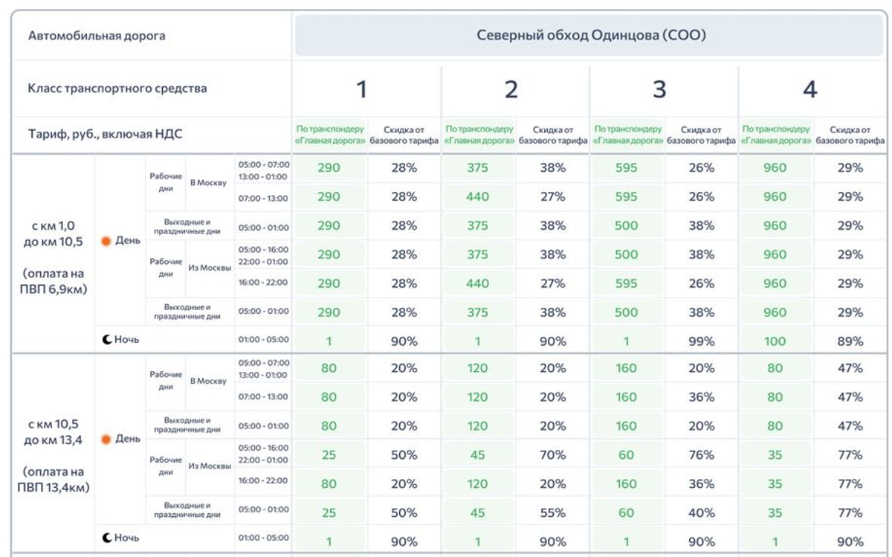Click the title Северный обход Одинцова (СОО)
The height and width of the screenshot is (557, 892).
point(590,35)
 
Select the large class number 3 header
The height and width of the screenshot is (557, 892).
point(659,89)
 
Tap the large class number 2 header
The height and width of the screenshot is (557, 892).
point(511,89)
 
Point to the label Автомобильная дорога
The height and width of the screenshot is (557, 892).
point(97,36)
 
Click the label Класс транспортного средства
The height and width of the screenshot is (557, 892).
point(117,88)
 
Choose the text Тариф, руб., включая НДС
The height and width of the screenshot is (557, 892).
point(105,135)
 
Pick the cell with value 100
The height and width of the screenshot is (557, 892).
point(775,341)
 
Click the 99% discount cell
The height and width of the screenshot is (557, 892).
point(701,341)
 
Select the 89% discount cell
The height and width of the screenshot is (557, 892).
point(850,341)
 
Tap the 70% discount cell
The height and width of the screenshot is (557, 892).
point(552,455)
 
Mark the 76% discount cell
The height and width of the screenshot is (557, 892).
point(701,455)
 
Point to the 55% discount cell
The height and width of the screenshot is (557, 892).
point(552,513)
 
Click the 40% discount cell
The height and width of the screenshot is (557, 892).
point(701,513)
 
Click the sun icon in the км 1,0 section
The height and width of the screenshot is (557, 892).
point(106,241)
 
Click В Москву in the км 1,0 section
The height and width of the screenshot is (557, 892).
point(208,183)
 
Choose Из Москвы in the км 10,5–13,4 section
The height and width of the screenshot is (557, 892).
point(210,466)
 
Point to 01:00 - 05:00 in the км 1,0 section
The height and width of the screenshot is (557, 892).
point(263,340)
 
